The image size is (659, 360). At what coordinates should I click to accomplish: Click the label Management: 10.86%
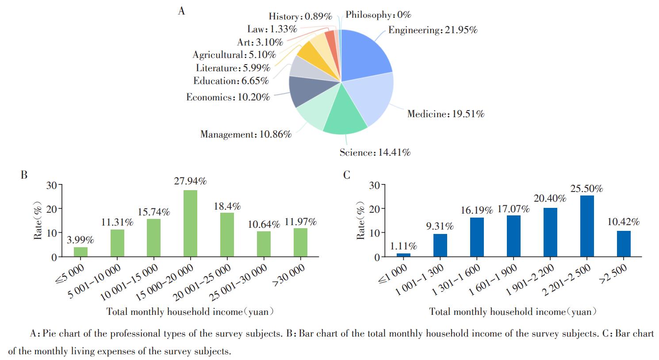coord(245,134)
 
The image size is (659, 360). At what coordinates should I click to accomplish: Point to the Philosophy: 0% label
coord(378,15)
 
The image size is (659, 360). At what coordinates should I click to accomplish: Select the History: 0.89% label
coord(300,16)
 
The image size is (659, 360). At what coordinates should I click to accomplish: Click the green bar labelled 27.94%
coord(190,223)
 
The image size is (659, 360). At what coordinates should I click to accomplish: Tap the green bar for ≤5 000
coord(80,252)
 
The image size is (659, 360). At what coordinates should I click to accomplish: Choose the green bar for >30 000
coord(300,242)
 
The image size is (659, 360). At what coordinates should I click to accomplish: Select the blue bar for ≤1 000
coord(403,255)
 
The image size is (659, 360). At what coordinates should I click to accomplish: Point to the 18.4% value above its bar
coord(227,206)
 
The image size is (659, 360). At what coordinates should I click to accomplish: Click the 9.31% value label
coord(440,226)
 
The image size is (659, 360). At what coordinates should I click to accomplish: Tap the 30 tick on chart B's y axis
coord(51,185)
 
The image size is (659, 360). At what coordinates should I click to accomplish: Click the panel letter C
coord(346,175)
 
